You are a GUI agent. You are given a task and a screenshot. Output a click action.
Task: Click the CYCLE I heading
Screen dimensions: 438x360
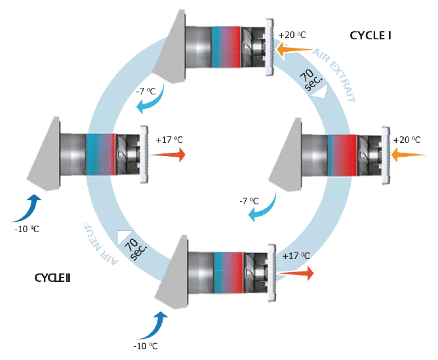point(370,35)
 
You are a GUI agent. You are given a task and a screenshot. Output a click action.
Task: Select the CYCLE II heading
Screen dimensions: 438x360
point(52,278)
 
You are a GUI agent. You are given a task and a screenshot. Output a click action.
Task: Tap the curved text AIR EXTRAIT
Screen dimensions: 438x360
point(335,76)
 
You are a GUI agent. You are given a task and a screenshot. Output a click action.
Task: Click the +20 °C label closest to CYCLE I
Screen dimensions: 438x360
point(292,35)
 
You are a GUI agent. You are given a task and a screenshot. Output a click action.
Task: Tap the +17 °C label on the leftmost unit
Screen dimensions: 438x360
point(169,140)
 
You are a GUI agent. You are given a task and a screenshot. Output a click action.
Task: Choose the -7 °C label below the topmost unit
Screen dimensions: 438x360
point(146,91)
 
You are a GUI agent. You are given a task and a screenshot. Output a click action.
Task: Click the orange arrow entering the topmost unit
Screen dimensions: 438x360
point(294,50)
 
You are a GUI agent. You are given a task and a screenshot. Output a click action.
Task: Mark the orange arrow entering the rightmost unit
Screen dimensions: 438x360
point(408,155)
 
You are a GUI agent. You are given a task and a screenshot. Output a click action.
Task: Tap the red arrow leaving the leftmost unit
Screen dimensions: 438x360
point(168,155)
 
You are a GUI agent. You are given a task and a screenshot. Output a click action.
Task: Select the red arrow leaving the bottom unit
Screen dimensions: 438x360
point(296,273)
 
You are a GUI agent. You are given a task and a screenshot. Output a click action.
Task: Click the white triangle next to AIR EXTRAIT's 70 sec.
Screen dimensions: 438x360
point(319,92)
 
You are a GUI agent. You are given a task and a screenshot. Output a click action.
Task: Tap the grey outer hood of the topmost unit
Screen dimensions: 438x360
point(169,47)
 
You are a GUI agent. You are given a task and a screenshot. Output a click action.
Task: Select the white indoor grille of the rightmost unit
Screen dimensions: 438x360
point(386,155)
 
